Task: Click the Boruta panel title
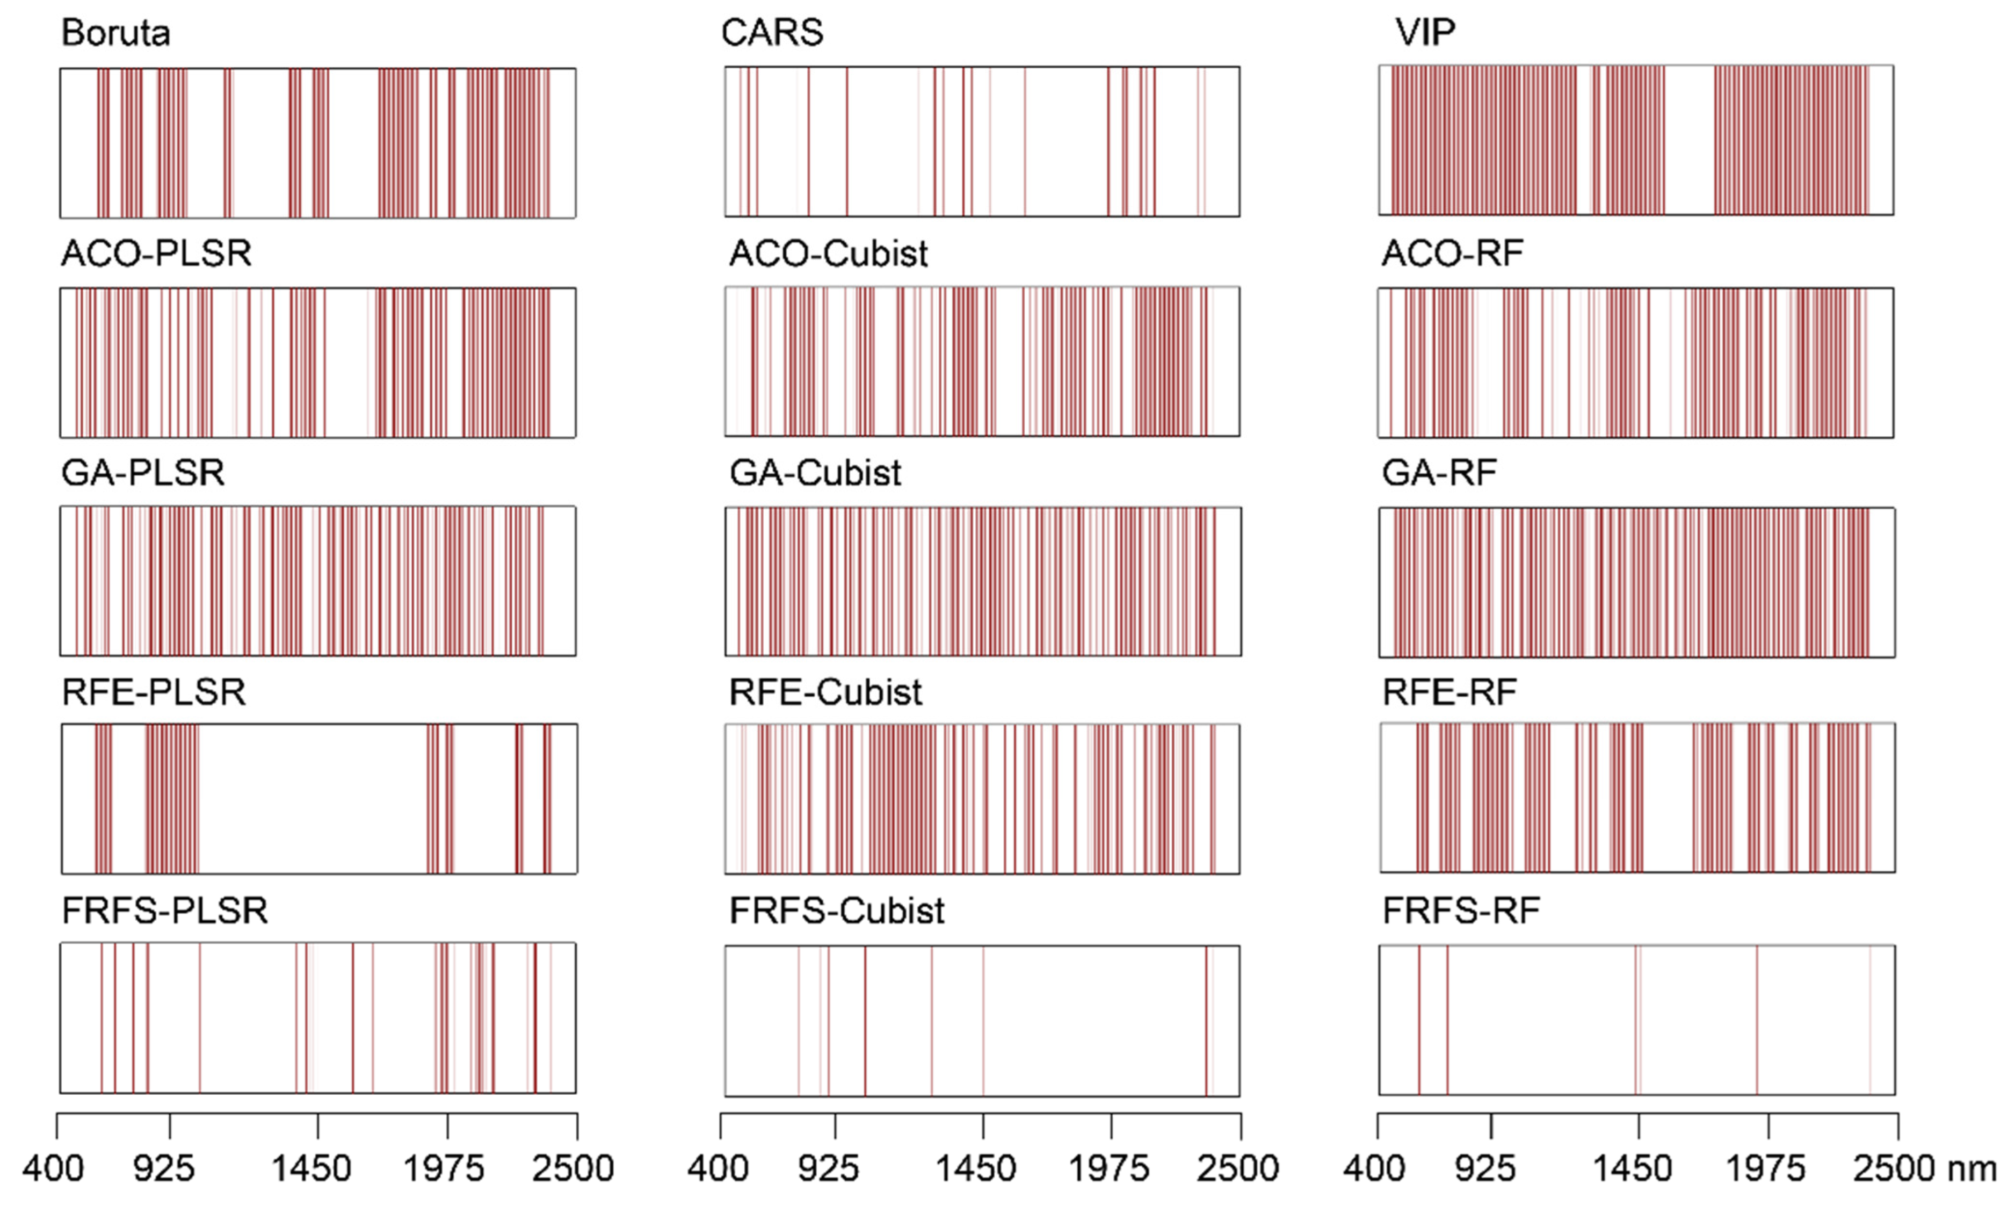tap(115, 33)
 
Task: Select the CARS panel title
tap(772, 33)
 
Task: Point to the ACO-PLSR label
tap(156, 254)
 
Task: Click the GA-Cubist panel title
tap(815, 473)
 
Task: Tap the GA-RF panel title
tap(1439, 473)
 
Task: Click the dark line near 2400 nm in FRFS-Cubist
tap(1207, 1020)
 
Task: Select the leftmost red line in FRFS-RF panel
tap(1419, 1020)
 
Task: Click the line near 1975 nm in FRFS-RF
tap(1757, 1020)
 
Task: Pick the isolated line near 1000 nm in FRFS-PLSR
tap(200, 1017)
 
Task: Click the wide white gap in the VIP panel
tap(1689, 140)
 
